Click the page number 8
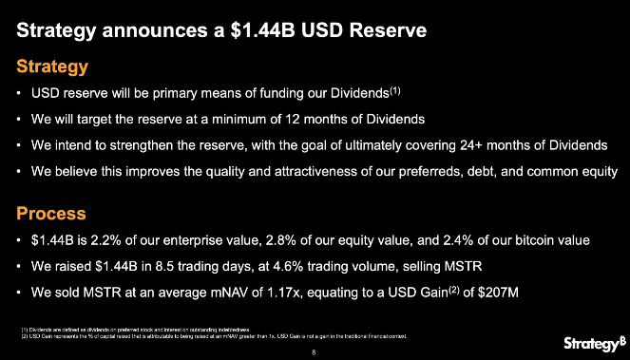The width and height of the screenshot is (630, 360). [x=314, y=351]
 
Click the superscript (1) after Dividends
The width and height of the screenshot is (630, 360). [x=396, y=92]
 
